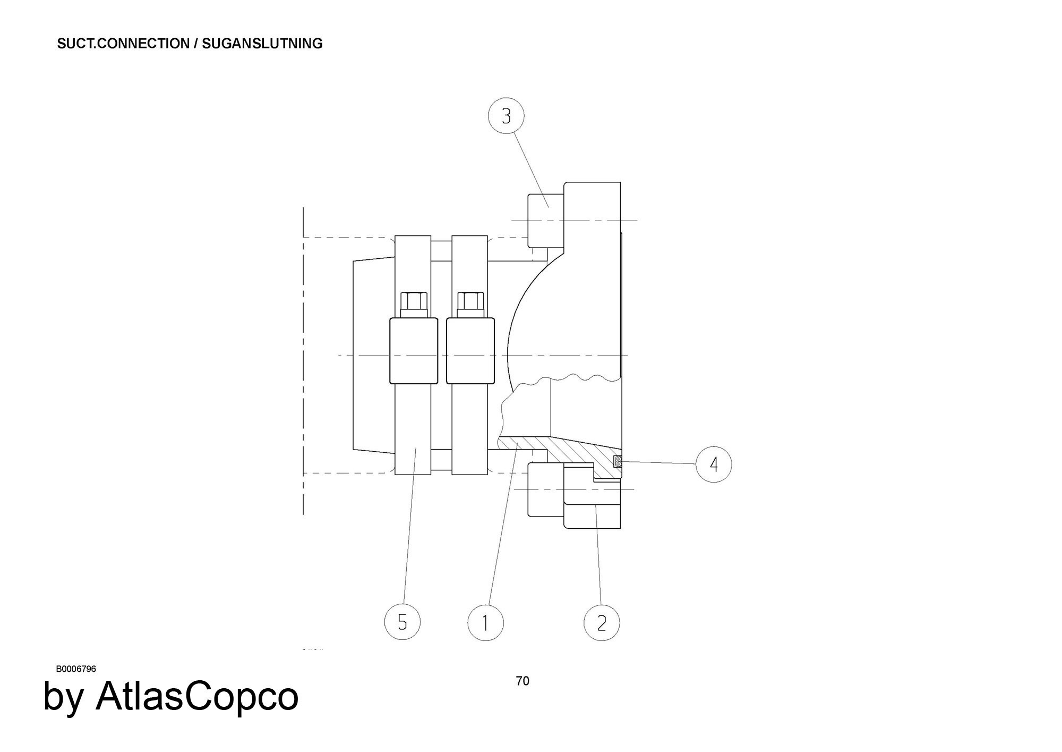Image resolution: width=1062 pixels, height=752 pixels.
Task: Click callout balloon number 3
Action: point(506,116)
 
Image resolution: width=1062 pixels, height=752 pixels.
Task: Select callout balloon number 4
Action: point(714,464)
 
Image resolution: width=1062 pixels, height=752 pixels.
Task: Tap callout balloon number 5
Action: point(402,622)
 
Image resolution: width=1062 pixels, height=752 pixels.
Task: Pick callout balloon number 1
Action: point(485,622)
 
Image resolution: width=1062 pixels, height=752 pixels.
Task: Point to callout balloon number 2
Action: point(602,622)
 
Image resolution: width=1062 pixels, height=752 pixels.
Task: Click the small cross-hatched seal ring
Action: point(618,461)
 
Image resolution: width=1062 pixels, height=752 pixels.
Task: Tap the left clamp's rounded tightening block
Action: point(414,350)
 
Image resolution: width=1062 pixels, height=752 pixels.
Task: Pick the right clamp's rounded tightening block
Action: point(470,350)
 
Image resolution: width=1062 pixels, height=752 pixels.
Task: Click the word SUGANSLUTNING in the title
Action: point(262,44)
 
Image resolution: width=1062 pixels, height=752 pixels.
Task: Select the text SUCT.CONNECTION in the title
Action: point(123,44)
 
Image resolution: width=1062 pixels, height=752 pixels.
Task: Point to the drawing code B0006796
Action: point(76,669)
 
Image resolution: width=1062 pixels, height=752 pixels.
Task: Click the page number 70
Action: point(523,681)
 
